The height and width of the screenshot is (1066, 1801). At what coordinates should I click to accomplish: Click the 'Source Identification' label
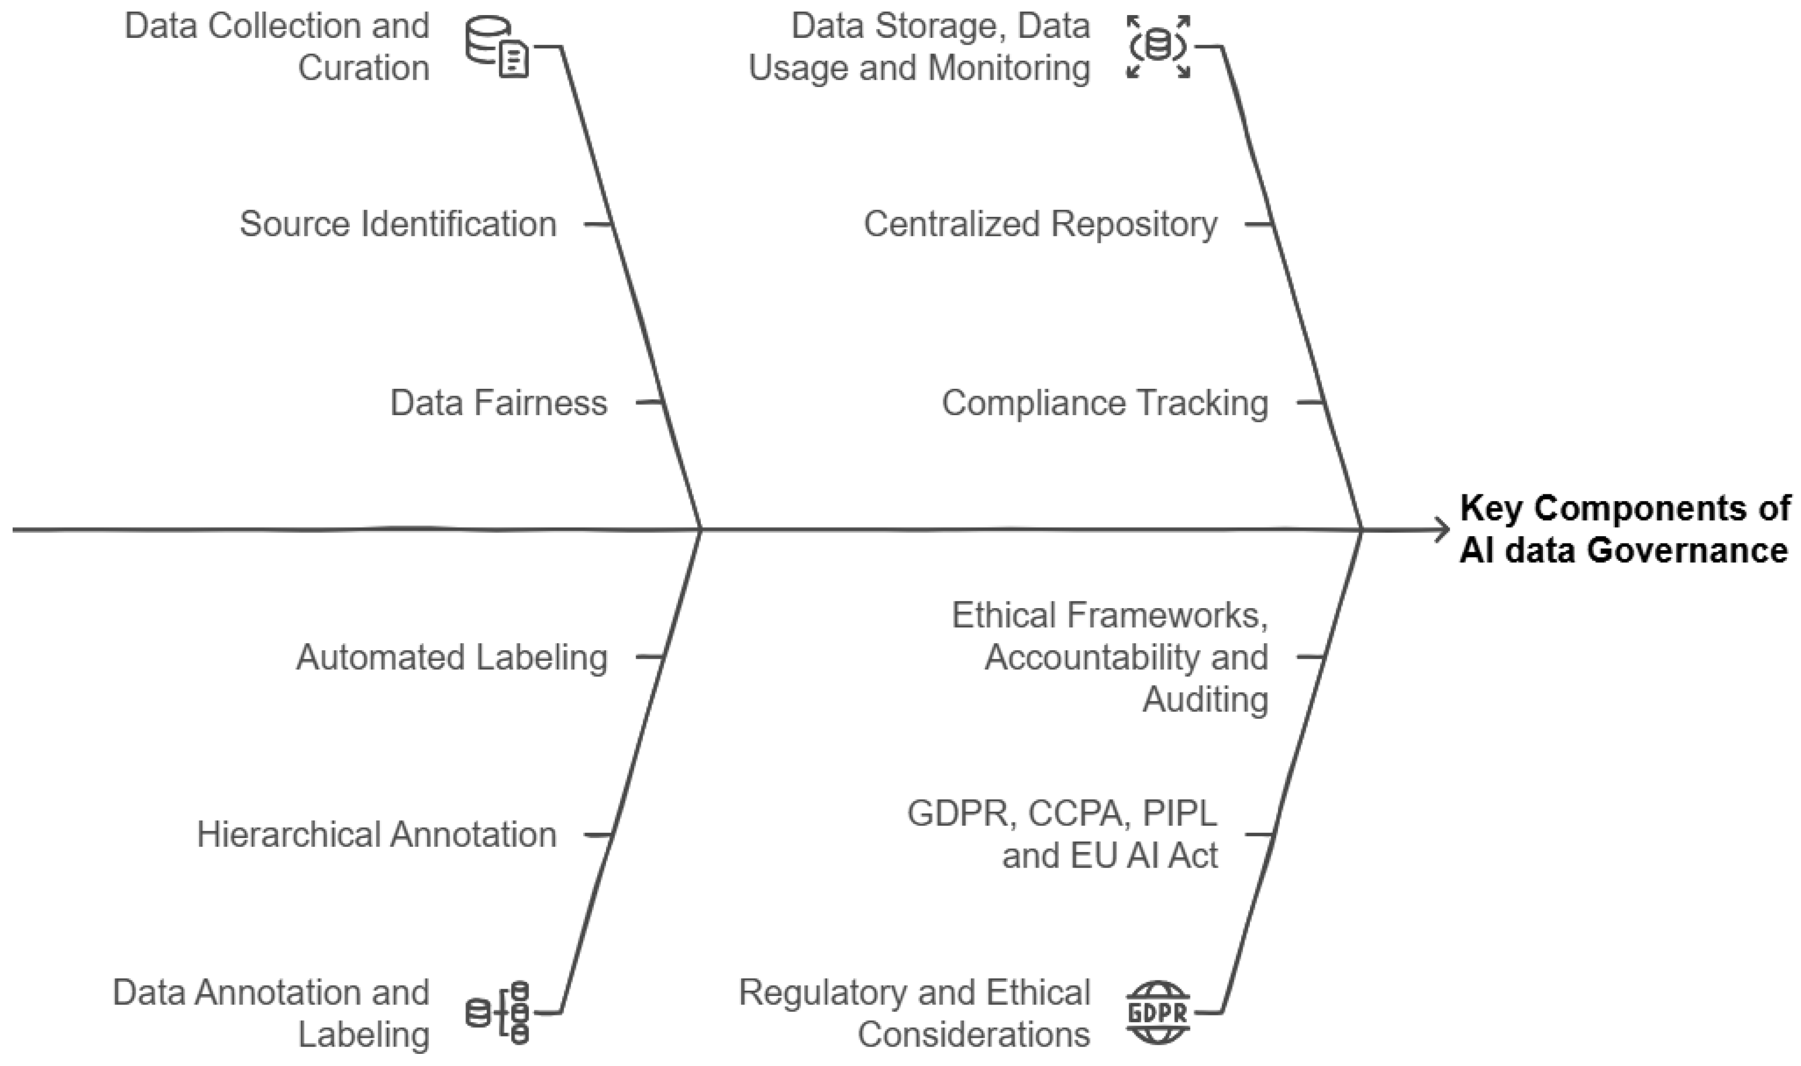coord(398,224)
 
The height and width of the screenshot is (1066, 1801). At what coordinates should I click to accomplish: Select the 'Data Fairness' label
coord(499,403)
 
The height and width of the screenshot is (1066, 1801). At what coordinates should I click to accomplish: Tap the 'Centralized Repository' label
coord(1040,224)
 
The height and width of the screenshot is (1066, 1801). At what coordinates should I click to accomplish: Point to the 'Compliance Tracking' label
coord(1105,403)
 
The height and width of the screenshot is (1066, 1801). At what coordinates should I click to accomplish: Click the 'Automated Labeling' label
coord(451,657)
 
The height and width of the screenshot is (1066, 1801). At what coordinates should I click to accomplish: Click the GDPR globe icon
coord(1158,1013)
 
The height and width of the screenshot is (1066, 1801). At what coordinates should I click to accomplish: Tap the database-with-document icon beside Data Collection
coord(497,48)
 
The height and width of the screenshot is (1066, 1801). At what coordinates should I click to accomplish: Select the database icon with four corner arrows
coord(1158,47)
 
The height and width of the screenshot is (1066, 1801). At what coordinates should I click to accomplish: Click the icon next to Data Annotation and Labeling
coord(499,1013)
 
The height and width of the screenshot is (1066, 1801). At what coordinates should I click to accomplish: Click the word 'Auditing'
coord(1205,699)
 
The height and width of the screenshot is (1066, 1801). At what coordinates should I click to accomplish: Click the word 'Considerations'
coord(974,1035)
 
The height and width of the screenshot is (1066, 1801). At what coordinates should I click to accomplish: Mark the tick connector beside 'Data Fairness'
coord(648,402)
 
